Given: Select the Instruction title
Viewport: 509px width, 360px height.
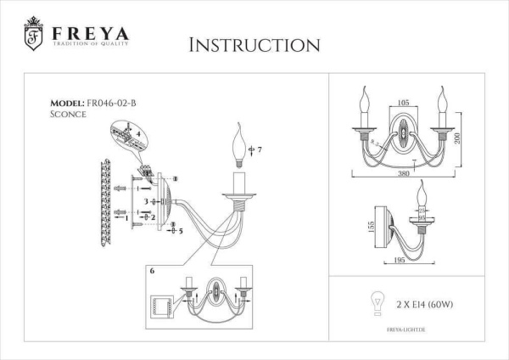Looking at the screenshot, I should tap(254, 44).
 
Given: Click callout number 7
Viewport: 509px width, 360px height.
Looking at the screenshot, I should tap(260, 150).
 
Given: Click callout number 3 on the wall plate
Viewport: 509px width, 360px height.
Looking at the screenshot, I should tap(145, 201).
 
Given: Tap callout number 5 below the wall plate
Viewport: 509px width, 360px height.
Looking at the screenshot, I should tap(181, 230).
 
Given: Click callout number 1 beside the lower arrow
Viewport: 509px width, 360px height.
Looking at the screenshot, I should tap(127, 217).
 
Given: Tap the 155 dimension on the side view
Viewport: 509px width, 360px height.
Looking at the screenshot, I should tap(360, 228).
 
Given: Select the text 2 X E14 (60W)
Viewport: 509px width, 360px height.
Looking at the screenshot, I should tap(426, 302).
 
